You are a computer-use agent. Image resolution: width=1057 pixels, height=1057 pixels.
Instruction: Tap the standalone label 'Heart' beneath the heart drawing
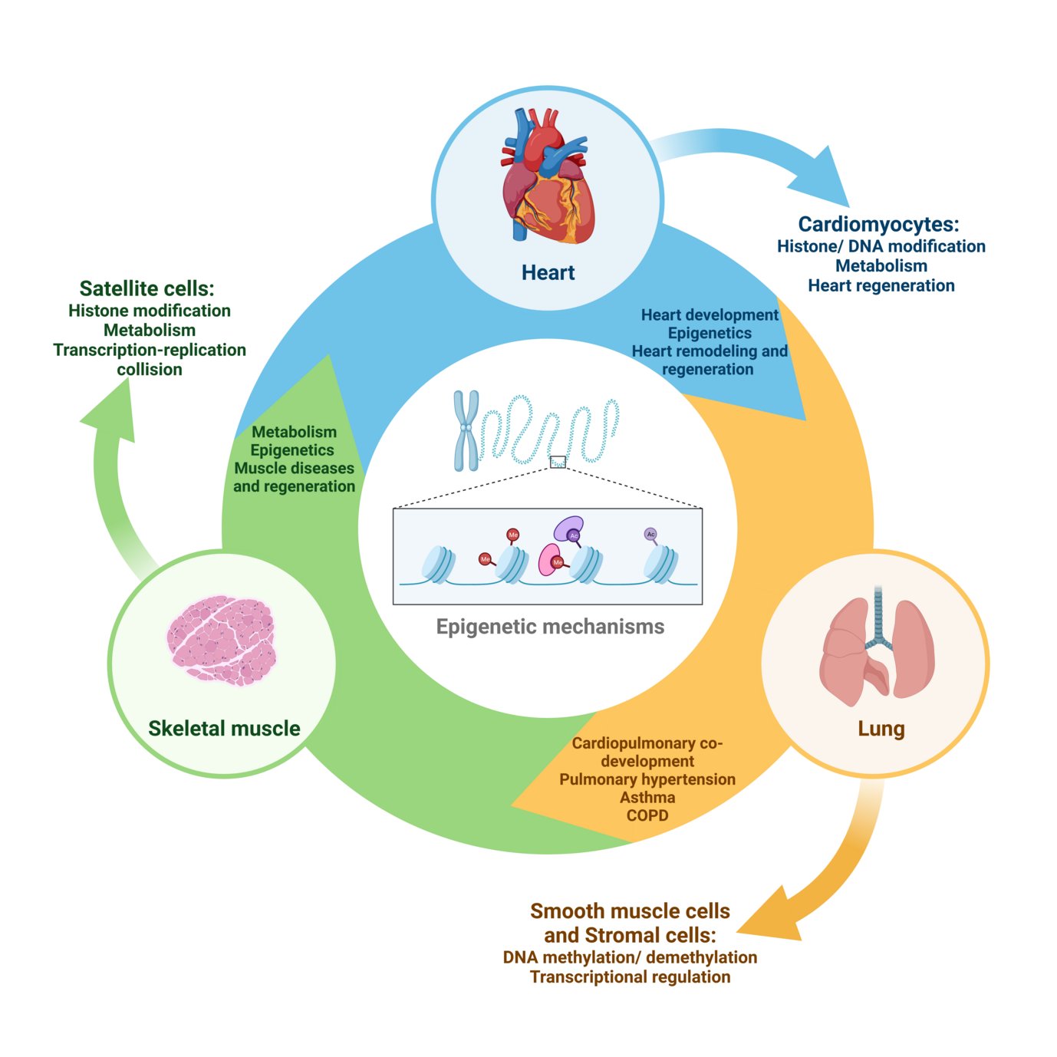[548, 272]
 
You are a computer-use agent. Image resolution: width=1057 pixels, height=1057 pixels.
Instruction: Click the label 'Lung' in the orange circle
[881, 728]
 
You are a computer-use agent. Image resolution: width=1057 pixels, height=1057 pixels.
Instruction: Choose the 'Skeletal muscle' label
[224, 728]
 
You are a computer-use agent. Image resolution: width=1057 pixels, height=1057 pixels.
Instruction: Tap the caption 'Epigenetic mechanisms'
[550, 627]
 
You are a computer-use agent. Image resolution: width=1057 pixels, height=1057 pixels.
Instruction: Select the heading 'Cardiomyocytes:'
[878, 224]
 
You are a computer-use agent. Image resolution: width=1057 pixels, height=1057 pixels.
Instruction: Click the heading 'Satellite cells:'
[147, 288]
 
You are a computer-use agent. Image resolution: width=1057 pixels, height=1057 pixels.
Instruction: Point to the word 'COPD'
[647, 815]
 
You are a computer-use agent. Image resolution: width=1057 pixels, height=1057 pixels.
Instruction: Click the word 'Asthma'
[647, 798]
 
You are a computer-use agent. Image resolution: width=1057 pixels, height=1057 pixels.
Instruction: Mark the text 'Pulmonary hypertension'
[647, 779]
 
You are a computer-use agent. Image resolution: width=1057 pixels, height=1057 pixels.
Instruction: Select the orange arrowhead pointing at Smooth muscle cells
[770, 917]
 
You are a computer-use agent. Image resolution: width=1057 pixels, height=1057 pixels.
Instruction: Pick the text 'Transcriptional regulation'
[630, 976]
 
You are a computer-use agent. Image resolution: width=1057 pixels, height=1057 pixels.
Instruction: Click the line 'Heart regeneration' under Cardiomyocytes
[881, 285]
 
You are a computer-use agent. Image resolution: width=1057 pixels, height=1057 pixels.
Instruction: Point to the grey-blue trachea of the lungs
[878, 614]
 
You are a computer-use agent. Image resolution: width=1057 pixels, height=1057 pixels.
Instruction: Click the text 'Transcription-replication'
[150, 350]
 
